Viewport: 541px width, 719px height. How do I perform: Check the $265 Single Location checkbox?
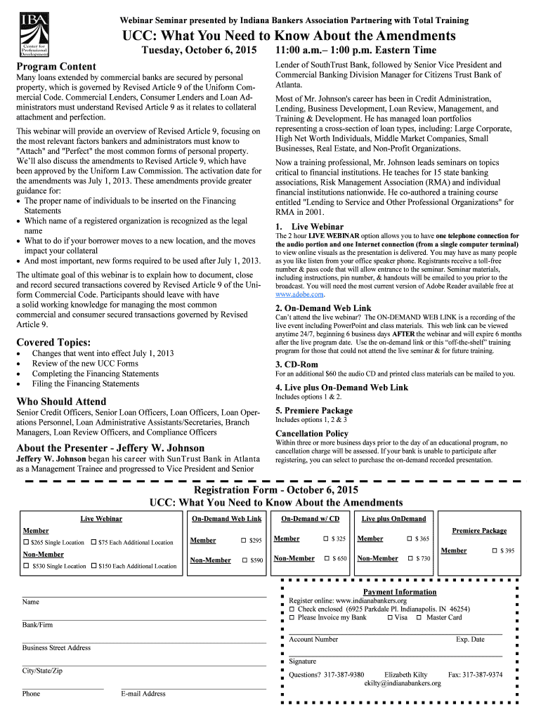(x=26, y=542)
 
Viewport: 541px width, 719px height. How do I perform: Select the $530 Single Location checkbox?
(x=26, y=565)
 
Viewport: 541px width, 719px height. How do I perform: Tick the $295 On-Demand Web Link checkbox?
(x=244, y=540)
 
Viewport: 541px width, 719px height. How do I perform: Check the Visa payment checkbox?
(x=389, y=617)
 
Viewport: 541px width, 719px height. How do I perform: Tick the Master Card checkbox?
(x=419, y=617)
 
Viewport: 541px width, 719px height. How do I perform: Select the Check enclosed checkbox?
(x=292, y=609)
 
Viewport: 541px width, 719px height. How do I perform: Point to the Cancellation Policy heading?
(x=311, y=433)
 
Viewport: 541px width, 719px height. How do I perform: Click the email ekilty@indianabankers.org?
(x=402, y=683)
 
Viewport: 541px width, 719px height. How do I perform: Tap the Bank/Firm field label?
(x=37, y=624)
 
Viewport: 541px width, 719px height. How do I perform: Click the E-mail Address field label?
(x=143, y=693)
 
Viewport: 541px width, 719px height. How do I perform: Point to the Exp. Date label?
(x=469, y=639)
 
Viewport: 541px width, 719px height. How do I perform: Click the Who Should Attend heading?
(x=61, y=402)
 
